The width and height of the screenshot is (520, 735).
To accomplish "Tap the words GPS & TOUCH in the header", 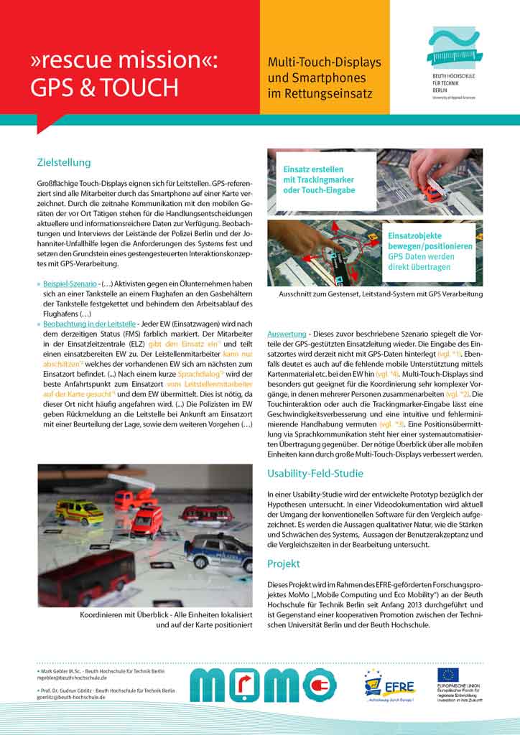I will click(103, 87).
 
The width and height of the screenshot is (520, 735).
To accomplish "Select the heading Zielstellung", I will click(64, 162).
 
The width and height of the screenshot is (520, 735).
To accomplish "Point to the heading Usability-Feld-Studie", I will click(315, 473).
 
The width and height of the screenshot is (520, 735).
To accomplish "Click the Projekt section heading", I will click(283, 563).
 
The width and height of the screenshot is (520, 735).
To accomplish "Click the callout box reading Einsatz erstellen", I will click(320, 179).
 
